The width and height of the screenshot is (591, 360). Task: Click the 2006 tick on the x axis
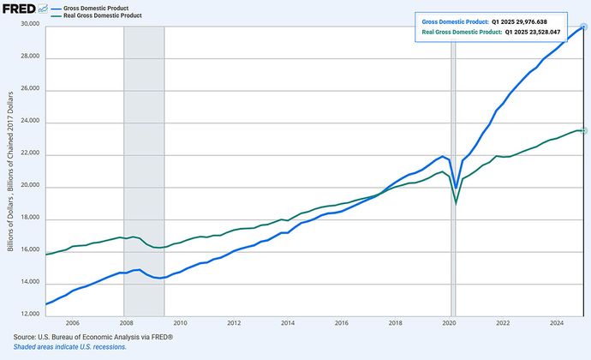[73, 323]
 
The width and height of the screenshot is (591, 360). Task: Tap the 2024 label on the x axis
[556, 323]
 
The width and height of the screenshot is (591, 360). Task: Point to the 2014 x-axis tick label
[288, 323]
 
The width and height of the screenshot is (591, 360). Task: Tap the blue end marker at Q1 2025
[583, 26]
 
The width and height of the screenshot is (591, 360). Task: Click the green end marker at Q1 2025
[583, 129]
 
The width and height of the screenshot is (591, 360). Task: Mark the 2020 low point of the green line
[456, 203]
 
